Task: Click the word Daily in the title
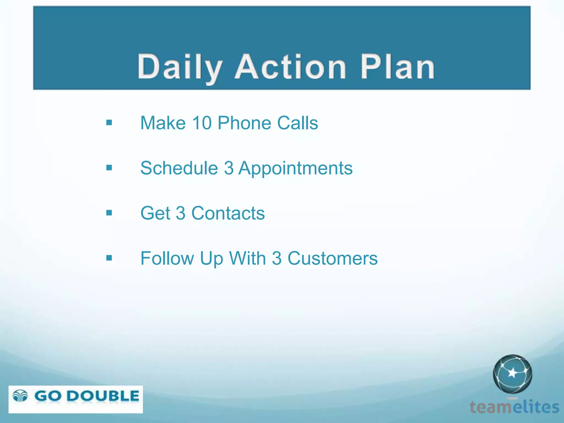pyautogui.click(x=180, y=67)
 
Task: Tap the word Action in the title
pyautogui.click(x=290, y=67)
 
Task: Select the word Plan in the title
pyautogui.click(x=397, y=67)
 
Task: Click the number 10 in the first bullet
pyautogui.click(x=202, y=123)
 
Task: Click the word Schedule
pyautogui.click(x=179, y=168)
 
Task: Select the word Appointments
pyautogui.click(x=295, y=168)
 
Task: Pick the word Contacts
pyautogui.click(x=228, y=213)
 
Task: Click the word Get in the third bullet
pyautogui.click(x=155, y=213)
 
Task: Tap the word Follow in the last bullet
pyautogui.click(x=167, y=258)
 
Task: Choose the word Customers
pyautogui.click(x=332, y=258)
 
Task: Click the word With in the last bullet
pyautogui.click(x=247, y=258)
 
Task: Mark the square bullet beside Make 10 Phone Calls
pyautogui.click(x=109, y=123)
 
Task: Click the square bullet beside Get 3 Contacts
pyautogui.click(x=109, y=213)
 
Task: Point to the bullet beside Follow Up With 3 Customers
pyautogui.click(x=109, y=258)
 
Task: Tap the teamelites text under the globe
pyautogui.click(x=514, y=407)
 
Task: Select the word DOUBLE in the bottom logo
pyautogui.click(x=103, y=396)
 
